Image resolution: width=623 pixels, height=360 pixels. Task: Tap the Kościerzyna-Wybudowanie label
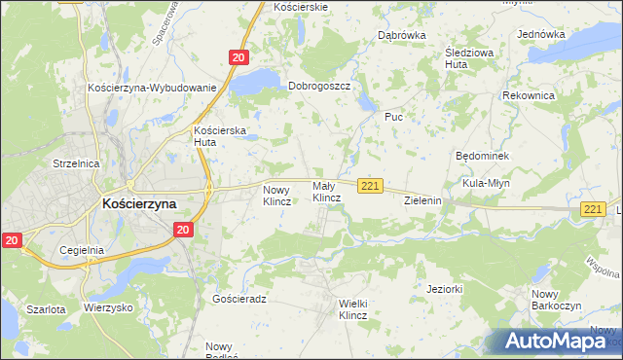click(151, 88)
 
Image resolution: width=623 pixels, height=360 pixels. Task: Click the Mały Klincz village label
click(326, 191)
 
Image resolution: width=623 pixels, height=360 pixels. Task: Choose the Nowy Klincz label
click(277, 196)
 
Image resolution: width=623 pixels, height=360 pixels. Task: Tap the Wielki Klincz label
click(352, 309)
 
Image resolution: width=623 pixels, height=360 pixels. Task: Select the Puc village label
click(393, 117)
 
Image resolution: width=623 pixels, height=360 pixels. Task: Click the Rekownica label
click(529, 96)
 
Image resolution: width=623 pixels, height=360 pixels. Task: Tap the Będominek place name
click(482, 156)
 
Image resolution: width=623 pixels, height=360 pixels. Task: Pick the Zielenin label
click(423, 200)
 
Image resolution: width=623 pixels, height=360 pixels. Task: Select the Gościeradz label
click(238, 299)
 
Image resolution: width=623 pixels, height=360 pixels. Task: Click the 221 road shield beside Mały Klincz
click(369, 186)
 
